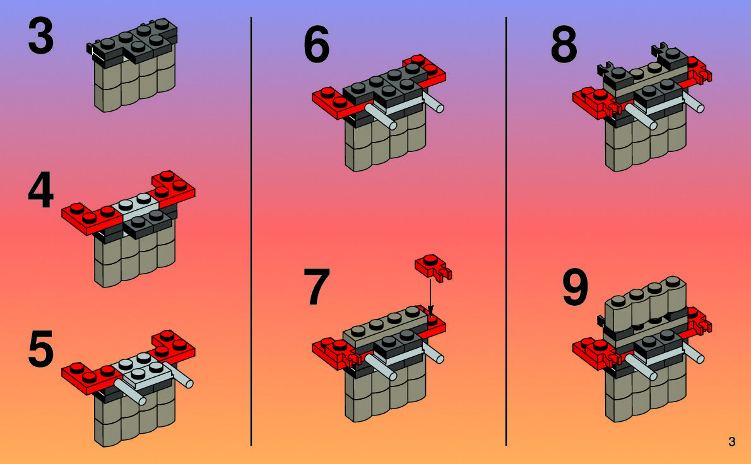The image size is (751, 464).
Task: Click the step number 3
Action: point(40,37)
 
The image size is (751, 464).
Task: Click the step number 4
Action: point(40,194)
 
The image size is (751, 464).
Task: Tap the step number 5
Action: point(40,351)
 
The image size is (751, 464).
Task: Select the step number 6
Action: point(316,46)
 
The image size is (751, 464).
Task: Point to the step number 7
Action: point(316,287)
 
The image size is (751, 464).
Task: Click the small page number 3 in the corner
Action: point(731,442)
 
